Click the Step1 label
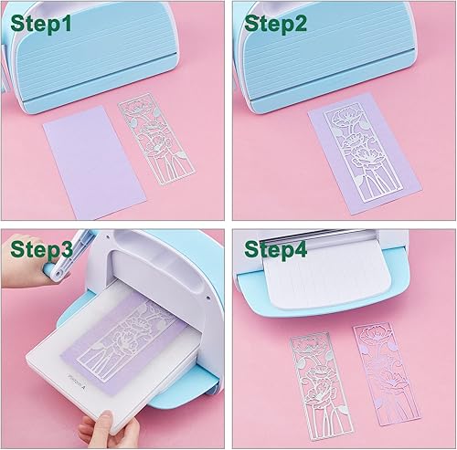point(41,24)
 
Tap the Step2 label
point(275,24)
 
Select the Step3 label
point(41,249)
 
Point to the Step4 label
point(275,249)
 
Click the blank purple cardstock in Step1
point(94,162)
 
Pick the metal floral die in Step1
point(157,140)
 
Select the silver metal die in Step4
point(322,385)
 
